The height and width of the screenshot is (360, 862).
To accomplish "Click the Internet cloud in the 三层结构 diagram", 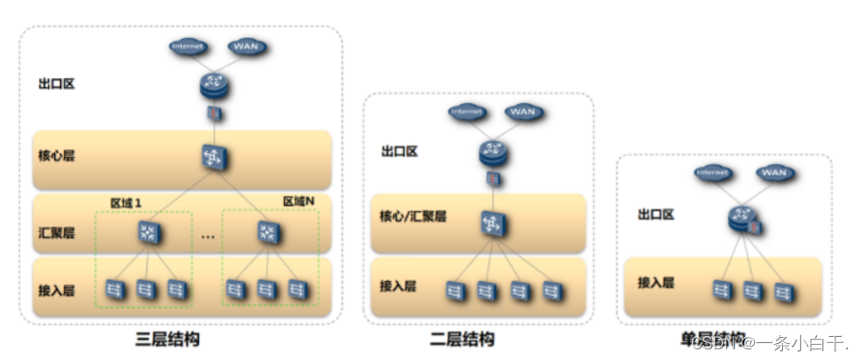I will [x=186, y=45].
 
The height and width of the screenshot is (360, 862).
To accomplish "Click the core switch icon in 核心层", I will [x=214, y=158].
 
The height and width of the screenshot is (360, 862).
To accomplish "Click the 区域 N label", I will [x=299, y=201].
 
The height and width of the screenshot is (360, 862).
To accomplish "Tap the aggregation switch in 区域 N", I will [x=267, y=232].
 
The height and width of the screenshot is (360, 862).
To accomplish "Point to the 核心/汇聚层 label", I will [x=413, y=216].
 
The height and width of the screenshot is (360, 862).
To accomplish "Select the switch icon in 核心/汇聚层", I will [x=490, y=223].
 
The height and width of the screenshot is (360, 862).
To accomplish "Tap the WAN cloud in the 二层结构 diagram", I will [x=522, y=113].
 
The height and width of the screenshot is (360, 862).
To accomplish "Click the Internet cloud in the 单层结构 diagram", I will [x=712, y=172].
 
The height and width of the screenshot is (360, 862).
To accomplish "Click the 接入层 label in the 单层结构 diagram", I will [x=656, y=283].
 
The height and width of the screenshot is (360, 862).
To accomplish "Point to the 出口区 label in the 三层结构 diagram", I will [x=56, y=85].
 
